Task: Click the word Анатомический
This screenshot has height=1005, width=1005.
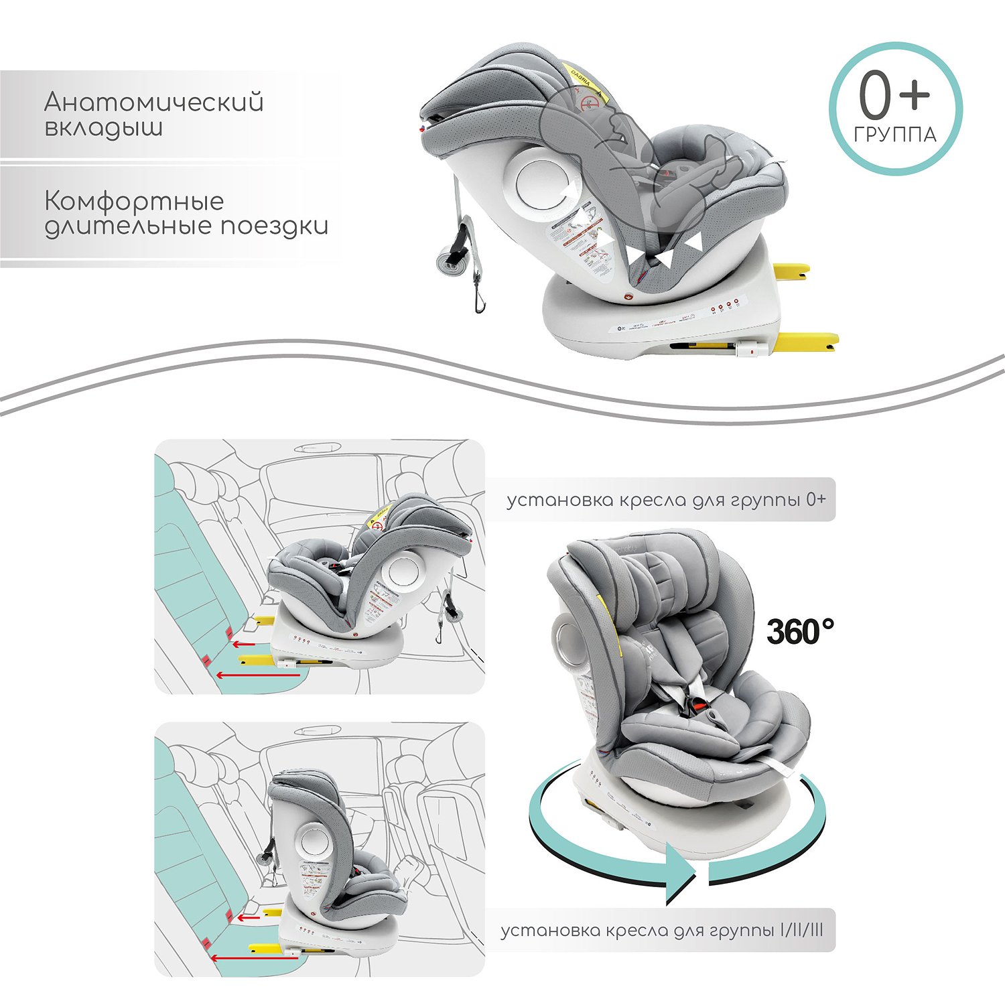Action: coord(153,103)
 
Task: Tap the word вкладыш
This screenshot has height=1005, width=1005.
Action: coord(103,127)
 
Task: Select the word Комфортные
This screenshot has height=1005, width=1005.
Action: coord(134,201)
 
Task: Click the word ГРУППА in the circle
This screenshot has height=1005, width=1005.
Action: coord(895,135)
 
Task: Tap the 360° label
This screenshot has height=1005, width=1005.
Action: coord(800,632)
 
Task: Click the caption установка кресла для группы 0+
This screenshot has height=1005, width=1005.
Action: coord(666,500)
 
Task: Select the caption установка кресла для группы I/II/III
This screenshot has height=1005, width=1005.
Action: coord(662,931)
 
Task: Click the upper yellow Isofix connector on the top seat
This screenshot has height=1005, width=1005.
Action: coord(792,269)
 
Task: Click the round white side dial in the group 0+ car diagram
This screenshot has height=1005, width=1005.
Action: coord(402,572)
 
